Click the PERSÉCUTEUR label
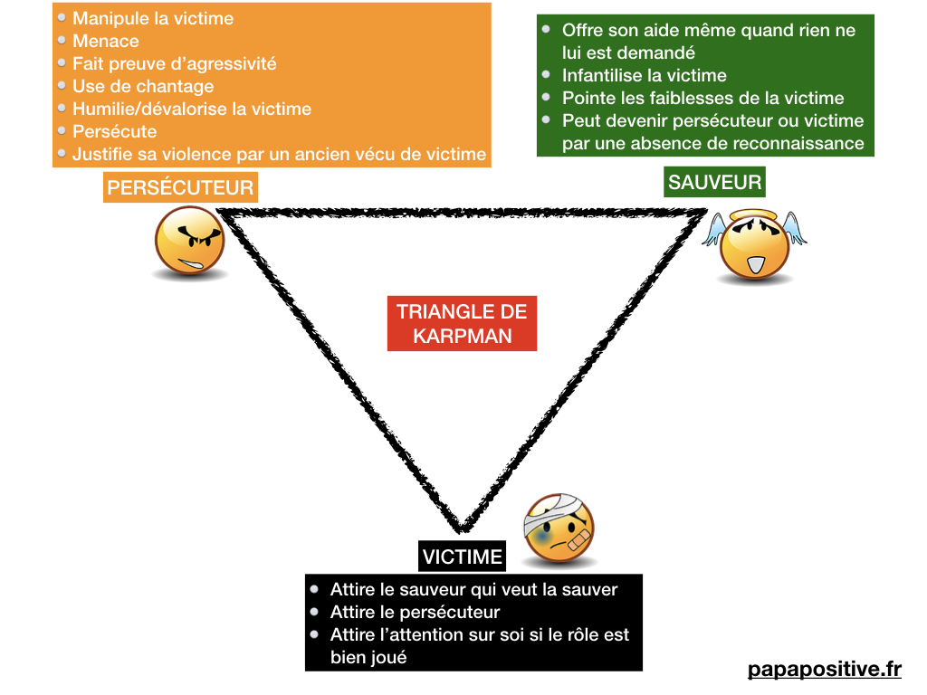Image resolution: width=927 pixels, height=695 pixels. point(180,188)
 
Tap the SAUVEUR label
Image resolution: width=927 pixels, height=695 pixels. point(714,183)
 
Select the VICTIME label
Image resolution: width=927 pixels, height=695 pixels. point(462,556)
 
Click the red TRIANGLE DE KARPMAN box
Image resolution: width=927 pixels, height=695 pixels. point(462,324)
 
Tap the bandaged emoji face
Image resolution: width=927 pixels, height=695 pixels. point(559,530)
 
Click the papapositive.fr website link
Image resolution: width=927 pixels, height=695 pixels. point(825,670)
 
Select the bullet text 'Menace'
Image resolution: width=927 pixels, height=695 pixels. point(106,41)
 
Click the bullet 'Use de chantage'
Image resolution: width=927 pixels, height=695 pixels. point(143,86)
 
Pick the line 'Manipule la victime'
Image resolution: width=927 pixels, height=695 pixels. point(153,18)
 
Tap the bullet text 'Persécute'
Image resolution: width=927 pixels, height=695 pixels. point(115,131)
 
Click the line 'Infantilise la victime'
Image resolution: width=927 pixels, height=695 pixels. point(644,75)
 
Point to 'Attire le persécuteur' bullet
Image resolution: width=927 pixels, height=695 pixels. point(415,612)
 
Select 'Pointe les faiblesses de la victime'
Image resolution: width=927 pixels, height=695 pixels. point(702,98)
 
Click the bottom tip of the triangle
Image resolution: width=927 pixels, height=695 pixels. point(462,528)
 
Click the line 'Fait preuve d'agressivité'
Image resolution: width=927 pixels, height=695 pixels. point(175,63)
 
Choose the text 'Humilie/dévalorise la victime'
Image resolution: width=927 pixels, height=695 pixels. point(192,109)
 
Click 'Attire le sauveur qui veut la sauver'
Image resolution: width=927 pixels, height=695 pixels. point(473,589)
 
